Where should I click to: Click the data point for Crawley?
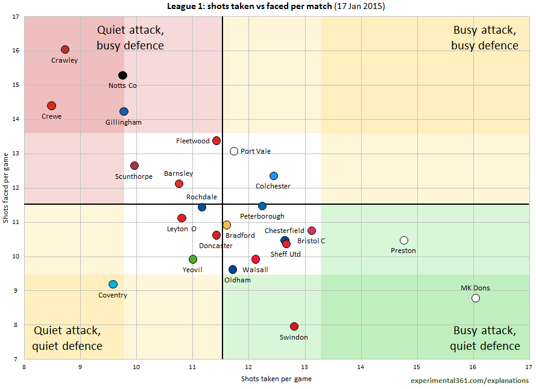pos(65,49)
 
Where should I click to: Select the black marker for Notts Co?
pos(122,75)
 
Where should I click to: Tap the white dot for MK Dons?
pos(476,298)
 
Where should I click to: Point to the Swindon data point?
pos(294,326)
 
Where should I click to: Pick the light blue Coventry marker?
pos(113,284)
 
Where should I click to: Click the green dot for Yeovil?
pos(193,260)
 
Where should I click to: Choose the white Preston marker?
pos(404,240)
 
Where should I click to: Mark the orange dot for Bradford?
pos(227,225)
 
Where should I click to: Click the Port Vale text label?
pos(256,151)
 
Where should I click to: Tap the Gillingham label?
pos(124,122)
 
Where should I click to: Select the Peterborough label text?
pos(262,216)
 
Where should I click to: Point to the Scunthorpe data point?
pos(134,166)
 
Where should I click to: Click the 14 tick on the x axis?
pos(361,366)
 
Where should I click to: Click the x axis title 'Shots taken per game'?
pos(276,379)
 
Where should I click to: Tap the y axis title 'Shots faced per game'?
pos(6,188)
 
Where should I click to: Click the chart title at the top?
pos(276,6)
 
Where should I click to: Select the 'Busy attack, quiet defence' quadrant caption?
pos(485,338)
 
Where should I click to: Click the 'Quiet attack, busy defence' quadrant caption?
pos(130,37)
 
